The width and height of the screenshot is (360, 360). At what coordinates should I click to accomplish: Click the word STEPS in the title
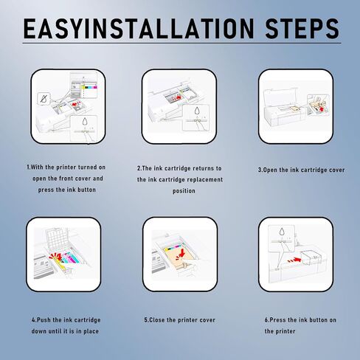coord(302,28)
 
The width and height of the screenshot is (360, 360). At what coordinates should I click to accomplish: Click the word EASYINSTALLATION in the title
coord(139,28)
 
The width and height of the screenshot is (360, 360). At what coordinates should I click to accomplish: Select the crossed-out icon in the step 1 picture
coord(44,99)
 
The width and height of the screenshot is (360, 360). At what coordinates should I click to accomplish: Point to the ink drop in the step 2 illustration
coord(197,111)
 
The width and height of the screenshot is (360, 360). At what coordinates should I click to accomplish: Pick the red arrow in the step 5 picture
coord(181,252)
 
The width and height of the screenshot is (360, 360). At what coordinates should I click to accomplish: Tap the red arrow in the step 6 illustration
coord(295,260)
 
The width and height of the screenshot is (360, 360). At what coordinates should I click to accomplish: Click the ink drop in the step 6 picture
coord(282,232)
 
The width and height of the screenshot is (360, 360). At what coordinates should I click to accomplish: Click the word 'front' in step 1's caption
coord(75,179)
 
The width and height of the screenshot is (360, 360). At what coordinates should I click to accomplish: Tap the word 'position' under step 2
coord(184,191)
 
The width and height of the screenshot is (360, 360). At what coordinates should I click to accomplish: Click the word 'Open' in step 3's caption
coord(270,170)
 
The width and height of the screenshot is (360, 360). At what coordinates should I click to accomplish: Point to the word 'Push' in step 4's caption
coord(44,320)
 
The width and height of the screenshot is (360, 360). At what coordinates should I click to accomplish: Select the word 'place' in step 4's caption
coord(91,331)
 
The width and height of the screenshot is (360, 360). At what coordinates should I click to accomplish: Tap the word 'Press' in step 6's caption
coord(277,320)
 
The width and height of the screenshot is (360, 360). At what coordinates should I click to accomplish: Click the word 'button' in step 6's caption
coord(319,320)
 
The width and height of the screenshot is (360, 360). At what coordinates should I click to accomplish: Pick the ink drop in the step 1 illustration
coord(85,121)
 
